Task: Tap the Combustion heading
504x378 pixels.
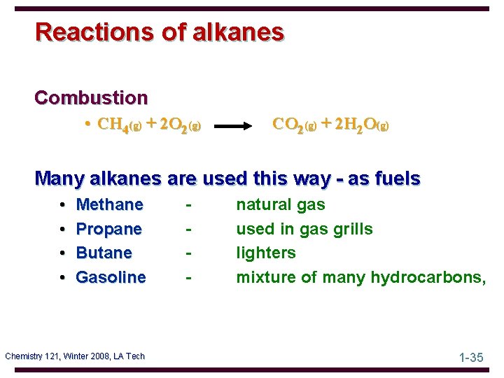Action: coord(91,97)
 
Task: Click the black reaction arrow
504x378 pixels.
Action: coord(239,127)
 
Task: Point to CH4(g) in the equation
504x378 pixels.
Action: coord(120,126)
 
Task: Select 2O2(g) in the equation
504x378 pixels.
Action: coord(181,126)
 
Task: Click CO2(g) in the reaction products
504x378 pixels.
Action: coord(295,125)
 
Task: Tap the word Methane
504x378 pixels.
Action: coord(109,205)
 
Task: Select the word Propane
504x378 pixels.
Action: coord(108,229)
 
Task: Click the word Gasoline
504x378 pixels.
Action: coord(111,277)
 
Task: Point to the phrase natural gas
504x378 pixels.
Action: coord(281,205)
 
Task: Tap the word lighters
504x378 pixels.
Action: coord(266,253)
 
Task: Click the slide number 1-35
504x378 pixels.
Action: coord(471,358)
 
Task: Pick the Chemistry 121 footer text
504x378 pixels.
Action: coord(75,356)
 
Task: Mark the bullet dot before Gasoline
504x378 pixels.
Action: coord(63,278)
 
